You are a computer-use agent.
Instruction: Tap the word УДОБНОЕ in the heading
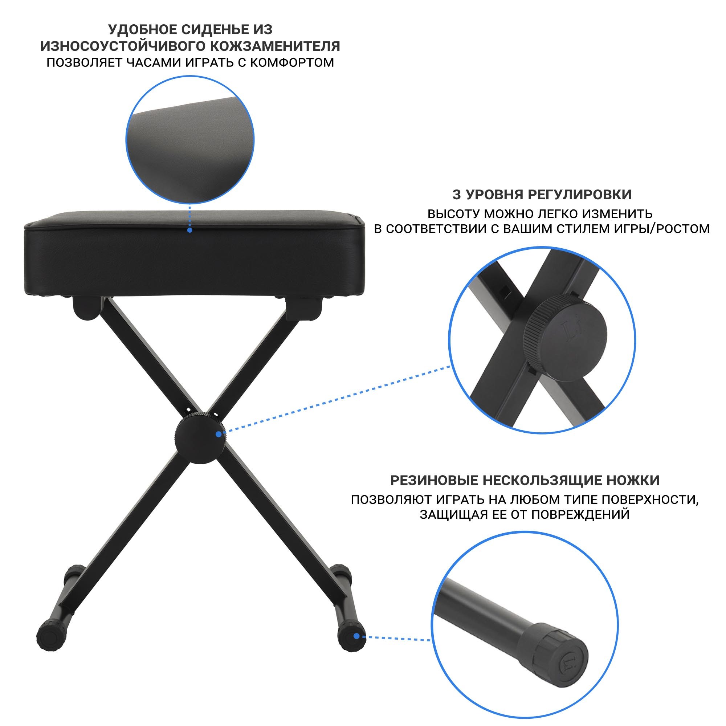[143, 29]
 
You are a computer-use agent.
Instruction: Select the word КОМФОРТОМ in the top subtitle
[292, 62]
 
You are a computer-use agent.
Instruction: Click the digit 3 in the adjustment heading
[456, 195]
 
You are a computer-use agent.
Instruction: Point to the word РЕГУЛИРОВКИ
[580, 195]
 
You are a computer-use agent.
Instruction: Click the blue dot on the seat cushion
[190, 230]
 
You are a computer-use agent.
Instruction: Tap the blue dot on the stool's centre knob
[218, 435]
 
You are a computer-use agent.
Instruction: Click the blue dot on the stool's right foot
[356, 636]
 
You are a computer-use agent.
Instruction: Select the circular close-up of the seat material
[190, 140]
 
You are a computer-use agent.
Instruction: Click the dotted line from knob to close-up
[338, 400]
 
